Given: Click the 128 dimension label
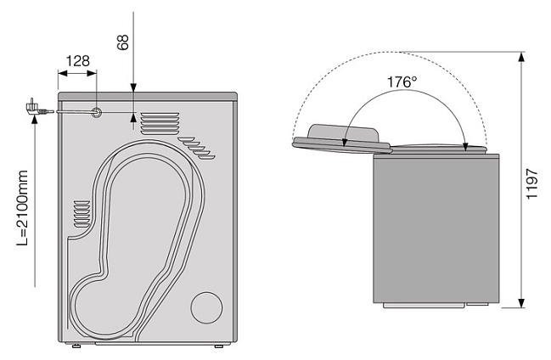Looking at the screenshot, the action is click(x=77, y=61).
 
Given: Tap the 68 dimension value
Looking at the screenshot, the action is click(x=123, y=42).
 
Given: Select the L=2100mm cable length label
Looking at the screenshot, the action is click(x=22, y=208).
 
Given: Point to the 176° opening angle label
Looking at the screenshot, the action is click(x=402, y=82).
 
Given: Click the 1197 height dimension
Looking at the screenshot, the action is click(x=532, y=184).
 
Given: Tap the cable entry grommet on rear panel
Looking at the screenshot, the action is click(x=96, y=112).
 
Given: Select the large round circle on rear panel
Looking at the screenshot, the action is click(x=206, y=307).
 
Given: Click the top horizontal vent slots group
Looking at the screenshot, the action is click(x=160, y=123).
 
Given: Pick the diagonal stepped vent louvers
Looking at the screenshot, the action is click(x=197, y=149).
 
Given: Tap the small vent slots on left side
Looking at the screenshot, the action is click(x=82, y=214).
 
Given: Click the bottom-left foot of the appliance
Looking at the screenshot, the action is click(x=76, y=346).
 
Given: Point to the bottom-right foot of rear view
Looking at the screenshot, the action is click(x=219, y=346).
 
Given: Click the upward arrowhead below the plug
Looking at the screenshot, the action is click(x=35, y=120).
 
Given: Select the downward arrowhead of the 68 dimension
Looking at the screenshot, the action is click(x=133, y=88).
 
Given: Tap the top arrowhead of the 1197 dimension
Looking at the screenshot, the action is click(x=521, y=57).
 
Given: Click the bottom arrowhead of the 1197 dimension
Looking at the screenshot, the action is click(x=521, y=303).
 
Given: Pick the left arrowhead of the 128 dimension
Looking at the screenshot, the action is click(x=63, y=73).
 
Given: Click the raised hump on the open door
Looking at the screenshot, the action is click(x=343, y=133).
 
